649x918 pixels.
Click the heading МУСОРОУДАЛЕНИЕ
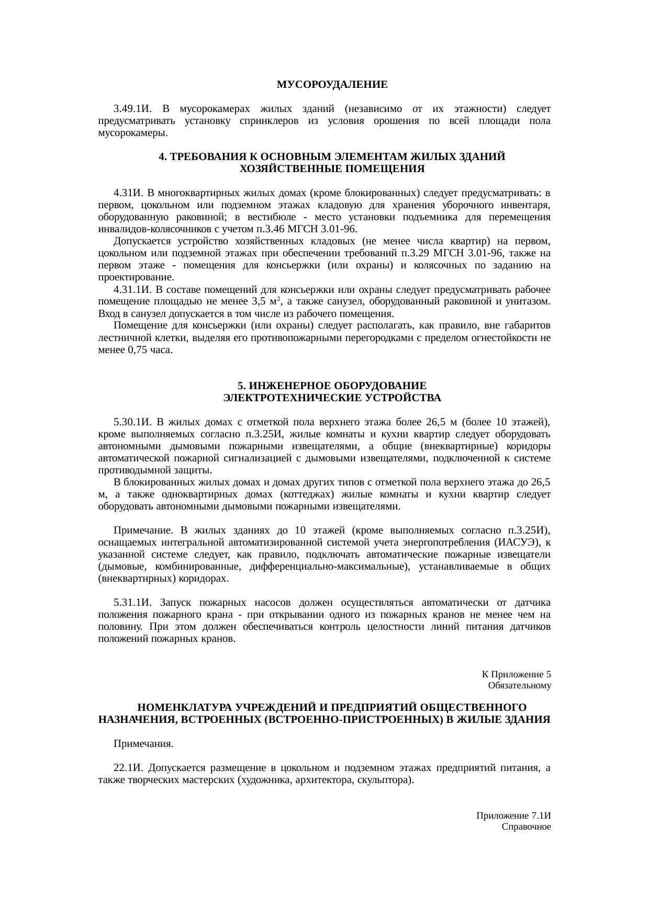click(x=332, y=84)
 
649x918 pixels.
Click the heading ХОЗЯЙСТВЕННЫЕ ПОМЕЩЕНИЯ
click(x=332, y=169)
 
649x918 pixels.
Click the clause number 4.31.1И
click(x=132, y=290)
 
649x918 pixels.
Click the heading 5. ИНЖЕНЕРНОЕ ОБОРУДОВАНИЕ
click(x=332, y=386)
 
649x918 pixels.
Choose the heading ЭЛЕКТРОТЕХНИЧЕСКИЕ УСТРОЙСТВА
click(x=332, y=398)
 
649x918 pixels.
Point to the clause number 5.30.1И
click(x=132, y=422)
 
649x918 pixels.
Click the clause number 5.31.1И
click(x=132, y=603)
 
